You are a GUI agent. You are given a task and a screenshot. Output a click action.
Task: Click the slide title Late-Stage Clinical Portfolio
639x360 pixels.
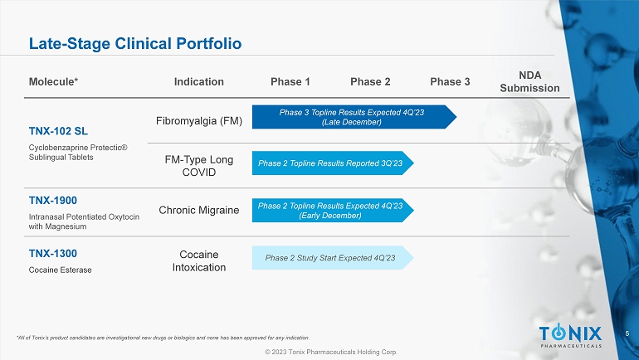[135, 44]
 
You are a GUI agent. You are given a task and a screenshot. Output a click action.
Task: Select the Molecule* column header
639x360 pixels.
[53, 82]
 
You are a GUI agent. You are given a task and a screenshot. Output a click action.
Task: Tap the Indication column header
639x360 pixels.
[199, 82]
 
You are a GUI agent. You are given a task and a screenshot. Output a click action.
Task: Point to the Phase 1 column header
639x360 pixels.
[290, 82]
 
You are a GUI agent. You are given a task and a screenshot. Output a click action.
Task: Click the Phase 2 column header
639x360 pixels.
[370, 82]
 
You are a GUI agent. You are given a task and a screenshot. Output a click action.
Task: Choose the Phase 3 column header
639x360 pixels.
[450, 82]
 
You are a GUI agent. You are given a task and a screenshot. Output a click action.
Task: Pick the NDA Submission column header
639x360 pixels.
[529, 81]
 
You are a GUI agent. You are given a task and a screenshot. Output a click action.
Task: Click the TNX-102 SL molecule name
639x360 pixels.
[58, 131]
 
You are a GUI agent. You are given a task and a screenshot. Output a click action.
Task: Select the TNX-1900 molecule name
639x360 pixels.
[53, 201]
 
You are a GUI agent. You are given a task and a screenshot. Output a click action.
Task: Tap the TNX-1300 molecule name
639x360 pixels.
[53, 253]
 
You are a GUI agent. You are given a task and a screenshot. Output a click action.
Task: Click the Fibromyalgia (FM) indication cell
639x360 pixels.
[199, 121]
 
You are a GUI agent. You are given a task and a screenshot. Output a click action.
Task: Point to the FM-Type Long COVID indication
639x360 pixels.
[199, 166]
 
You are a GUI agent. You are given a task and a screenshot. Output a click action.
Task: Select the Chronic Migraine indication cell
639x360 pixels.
[199, 210]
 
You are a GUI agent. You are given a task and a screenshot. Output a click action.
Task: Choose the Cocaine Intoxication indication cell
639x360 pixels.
[199, 261]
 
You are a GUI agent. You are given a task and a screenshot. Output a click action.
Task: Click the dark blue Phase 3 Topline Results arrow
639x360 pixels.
[354, 117]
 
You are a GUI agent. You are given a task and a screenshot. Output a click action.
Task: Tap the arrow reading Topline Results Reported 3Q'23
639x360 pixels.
[333, 163]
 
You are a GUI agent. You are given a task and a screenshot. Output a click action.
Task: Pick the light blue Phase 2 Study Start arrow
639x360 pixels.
[333, 258]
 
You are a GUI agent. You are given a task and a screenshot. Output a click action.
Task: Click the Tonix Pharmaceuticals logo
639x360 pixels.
[571, 335]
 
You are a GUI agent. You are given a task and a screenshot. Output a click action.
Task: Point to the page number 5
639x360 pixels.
[627, 333]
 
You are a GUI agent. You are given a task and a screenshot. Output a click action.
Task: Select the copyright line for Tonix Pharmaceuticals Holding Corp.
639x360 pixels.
[331, 352]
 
